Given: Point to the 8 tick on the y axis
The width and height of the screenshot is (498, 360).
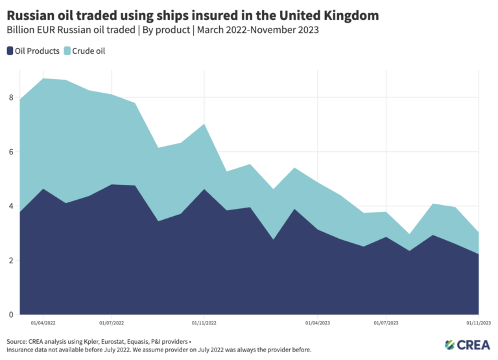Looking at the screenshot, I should [x=11, y=98].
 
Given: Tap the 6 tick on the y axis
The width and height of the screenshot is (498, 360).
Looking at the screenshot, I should [x=11, y=152].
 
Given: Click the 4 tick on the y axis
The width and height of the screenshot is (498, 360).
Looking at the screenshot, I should [x=11, y=206].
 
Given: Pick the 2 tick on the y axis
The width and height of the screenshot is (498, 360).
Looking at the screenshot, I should [x=11, y=261].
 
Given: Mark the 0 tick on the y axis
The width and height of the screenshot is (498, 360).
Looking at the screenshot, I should [x=11, y=315].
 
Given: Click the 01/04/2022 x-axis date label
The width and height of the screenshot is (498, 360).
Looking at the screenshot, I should [x=43, y=322].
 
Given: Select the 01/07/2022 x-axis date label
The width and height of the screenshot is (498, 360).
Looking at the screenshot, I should [x=112, y=322].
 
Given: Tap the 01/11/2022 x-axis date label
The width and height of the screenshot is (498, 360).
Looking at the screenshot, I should [x=204, y=322].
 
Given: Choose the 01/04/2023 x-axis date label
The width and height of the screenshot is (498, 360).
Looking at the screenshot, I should [x=317, y=322].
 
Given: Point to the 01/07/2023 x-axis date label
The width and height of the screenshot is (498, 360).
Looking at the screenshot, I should [x=386, y=322].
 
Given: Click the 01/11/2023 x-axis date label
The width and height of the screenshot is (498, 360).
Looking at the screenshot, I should [x=479, y=322].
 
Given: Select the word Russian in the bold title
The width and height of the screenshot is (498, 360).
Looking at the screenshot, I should [x=33, y=14].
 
